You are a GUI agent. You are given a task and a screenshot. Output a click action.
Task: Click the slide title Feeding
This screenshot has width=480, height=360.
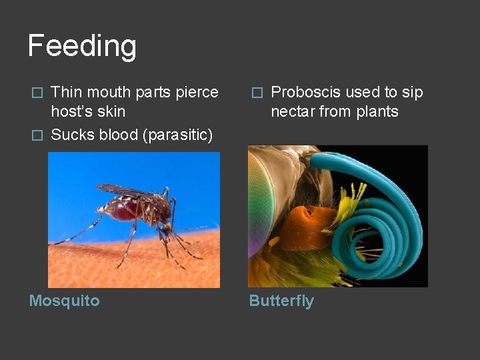pyautogui.click(x=82, y=46)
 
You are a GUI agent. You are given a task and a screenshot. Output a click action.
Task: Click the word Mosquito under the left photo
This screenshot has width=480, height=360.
pyautogui.click(x=64, y=301)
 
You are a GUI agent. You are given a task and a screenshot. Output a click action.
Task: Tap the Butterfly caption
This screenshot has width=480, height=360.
pyautogui.click(x=281, y=301)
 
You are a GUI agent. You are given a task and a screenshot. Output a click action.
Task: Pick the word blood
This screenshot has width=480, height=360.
pyautogui.click(x=113, y=135)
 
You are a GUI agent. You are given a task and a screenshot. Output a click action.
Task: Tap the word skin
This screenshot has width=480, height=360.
pyautogui.click(x=111, y=111)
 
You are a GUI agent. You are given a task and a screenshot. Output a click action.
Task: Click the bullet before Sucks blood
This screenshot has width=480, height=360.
pyautogui.click(x=38, y=135)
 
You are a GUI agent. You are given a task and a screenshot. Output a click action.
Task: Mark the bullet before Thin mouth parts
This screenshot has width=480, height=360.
pyautogui.click(x=38, y=93)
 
